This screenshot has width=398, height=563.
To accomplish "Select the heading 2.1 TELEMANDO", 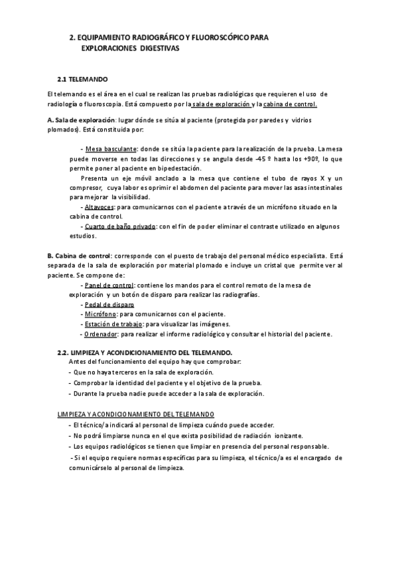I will (x=88, y=78).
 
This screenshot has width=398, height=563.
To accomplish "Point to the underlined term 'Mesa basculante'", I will (x=111, y=149).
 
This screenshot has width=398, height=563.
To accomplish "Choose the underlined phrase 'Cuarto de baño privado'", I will (x=120, y=226).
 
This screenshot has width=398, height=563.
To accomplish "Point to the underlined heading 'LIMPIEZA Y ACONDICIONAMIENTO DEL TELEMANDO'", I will (x=135, y=414).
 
